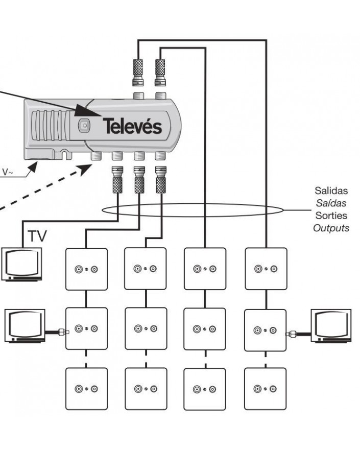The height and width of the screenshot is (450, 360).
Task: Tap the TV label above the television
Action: coord(37,236)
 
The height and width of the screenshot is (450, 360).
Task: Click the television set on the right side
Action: coord(332,325)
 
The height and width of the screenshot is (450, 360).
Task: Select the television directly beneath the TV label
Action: coord(23,264)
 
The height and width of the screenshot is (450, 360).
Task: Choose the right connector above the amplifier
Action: coord(161,72)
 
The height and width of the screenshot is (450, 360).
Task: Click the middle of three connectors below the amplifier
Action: coord(138,178)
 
